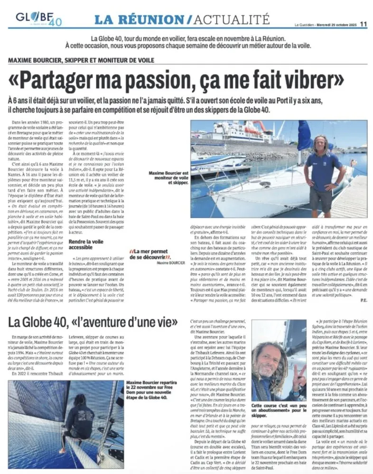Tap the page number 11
click(364, 22)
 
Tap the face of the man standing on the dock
click(323, 144)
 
